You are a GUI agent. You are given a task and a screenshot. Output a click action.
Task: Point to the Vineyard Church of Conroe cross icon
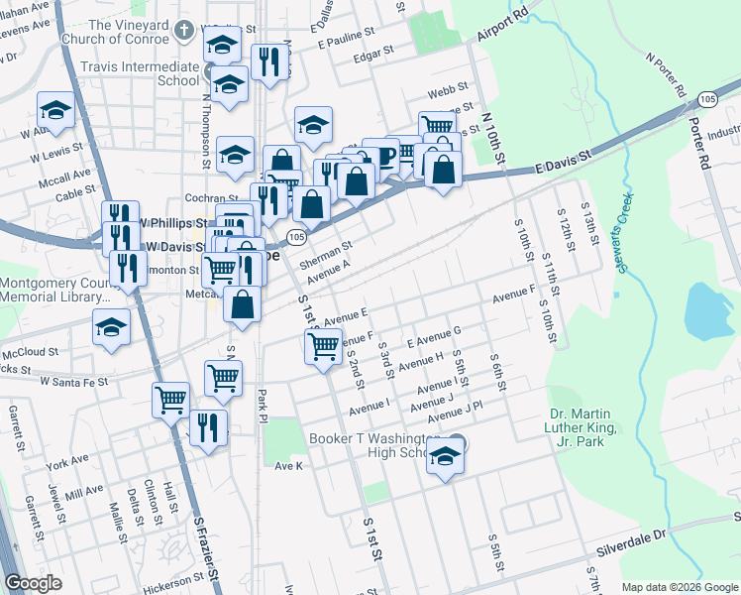[x=182, y=31]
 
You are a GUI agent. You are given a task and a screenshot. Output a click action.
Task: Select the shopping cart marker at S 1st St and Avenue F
[x=324, y=347]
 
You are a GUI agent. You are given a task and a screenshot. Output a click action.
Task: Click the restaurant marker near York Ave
[x=208, y=428]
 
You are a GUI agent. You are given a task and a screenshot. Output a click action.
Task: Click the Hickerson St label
[x=172, y=583]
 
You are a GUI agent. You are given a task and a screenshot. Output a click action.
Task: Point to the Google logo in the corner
[x=34, y=583]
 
